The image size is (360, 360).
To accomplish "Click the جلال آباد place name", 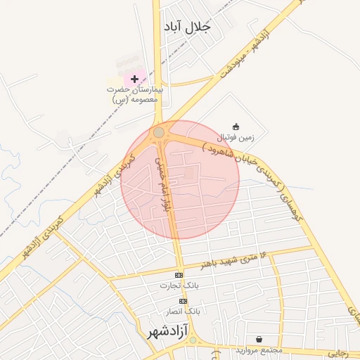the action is tap(186, 27).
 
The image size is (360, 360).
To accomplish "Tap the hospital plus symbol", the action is tap(135, 79).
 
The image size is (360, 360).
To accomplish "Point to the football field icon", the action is tap(236, 127).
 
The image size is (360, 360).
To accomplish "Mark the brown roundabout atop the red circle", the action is tap(159, 132).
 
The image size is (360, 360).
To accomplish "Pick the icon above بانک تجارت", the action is tap(179, 275).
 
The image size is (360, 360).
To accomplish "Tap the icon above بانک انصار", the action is tap(183, 301).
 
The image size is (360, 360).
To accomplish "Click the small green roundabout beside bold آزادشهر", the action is tap(193, 341).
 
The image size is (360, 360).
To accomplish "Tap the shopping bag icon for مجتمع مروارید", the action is tap(259, 339).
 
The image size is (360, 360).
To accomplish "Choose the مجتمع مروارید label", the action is tap(259, 349).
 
